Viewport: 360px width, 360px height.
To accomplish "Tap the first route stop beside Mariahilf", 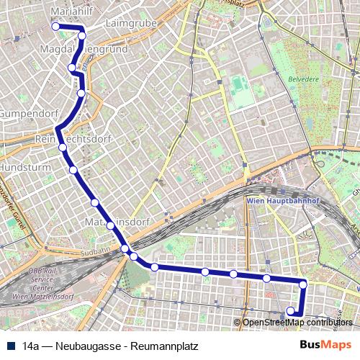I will pos(55,26).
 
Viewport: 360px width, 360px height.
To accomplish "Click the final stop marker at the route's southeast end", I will pos(291,311).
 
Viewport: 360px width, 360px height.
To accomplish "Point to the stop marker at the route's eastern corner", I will pos(303,284).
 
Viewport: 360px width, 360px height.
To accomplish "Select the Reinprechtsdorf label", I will pos(75,138).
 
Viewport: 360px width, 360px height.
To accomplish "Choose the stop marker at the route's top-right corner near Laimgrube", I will pos(82,35).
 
